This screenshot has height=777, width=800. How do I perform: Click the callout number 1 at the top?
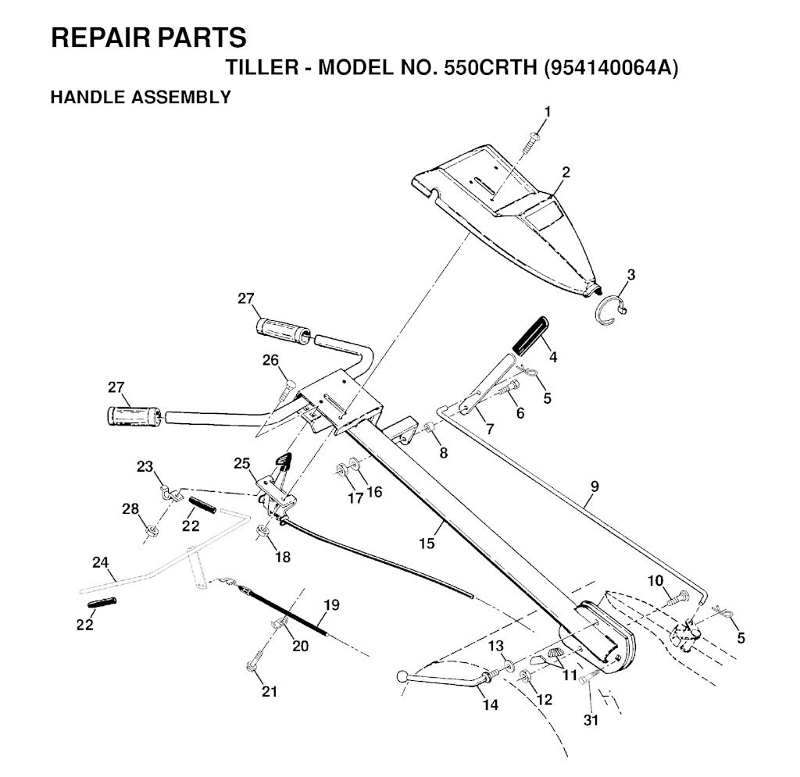(547, 112)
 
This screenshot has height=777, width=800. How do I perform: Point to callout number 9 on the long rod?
(595, 486)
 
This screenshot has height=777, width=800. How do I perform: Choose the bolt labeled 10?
(677, 599)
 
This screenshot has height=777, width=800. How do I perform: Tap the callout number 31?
(591, 720)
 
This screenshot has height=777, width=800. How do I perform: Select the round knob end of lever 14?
(402, 675)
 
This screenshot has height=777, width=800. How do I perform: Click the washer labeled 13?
(509, 665)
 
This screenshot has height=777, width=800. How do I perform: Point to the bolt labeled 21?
(252, 666)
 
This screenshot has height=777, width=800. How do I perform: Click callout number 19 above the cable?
(331, 604)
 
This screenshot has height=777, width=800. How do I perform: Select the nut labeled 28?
(152, 533)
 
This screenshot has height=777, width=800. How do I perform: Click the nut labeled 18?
(263, 533)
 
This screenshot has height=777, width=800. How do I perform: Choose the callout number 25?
(241, 463)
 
